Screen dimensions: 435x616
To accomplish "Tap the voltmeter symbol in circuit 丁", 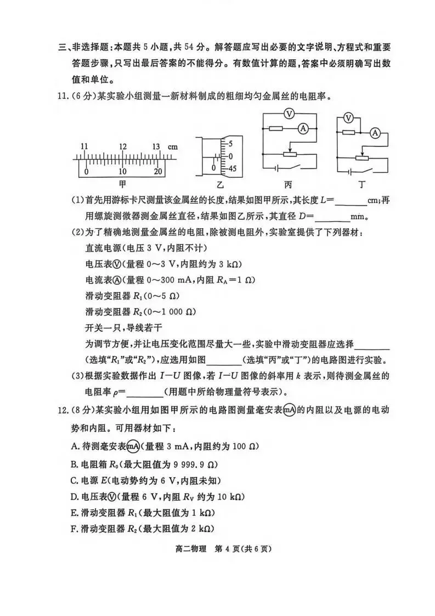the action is pyautogui.click(x=347, y=118).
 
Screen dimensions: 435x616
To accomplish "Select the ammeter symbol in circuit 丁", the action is pyautogui.click(x=375, y=132).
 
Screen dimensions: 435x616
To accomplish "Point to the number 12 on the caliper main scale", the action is pyautogui.click(x=122, y=147).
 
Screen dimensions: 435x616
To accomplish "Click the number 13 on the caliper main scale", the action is pyautogui.click(x=156, y=147).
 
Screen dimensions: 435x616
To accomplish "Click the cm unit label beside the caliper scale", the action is pyautogui.click(x=173, y=147).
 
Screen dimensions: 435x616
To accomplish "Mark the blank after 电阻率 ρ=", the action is pyautogui.click(x=144, y=392).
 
